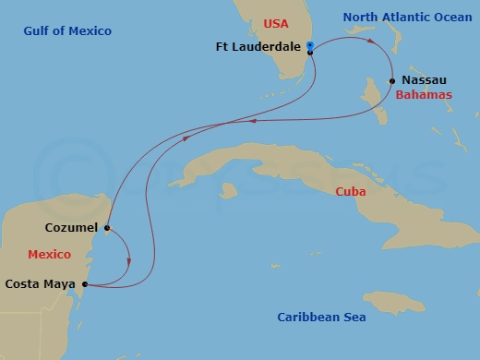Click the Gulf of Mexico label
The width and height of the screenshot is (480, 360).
point(68,31)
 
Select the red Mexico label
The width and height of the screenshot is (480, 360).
point(49,254)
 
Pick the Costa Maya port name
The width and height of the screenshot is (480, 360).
point(42,284)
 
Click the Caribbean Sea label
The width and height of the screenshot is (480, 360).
point(321,318)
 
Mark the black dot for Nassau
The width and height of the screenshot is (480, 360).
point(393,80)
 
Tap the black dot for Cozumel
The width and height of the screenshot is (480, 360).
point(108,227)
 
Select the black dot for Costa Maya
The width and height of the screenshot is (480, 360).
point(86,284)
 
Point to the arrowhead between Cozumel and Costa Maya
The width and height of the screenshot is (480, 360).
point(129,261)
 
